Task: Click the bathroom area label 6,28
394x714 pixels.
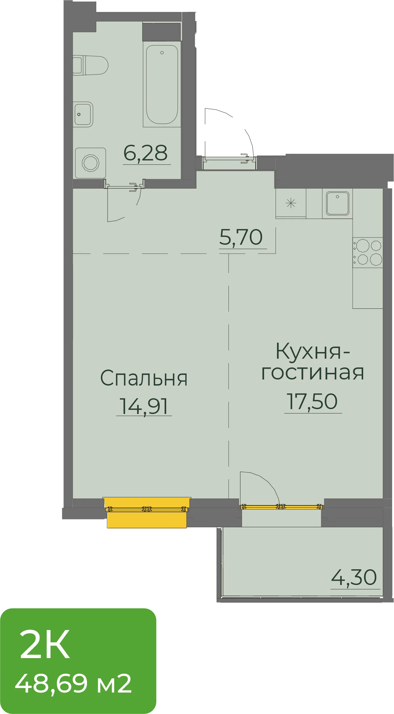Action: tap(146, 153)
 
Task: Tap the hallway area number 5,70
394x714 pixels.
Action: tap(241, 237)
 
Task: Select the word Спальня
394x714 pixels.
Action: tap(144, 378)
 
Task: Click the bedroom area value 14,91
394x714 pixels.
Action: tap(144, 406)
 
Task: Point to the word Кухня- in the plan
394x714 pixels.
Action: tap(313, 351)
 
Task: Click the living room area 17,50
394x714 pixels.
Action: tap(312, 402)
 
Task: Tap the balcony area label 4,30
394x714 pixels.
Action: tap(354, 577)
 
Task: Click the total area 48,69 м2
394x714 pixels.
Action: tap(73, 684)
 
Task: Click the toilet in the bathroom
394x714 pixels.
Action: tap(90, 65)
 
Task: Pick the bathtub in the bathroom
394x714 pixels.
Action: tap(162, 84)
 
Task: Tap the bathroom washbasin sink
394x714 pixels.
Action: tap(83, 114)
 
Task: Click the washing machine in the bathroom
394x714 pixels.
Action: tap(91, 163)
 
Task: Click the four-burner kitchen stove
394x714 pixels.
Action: tap(368, 253)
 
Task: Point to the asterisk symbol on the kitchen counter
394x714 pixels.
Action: tap(291, 203)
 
